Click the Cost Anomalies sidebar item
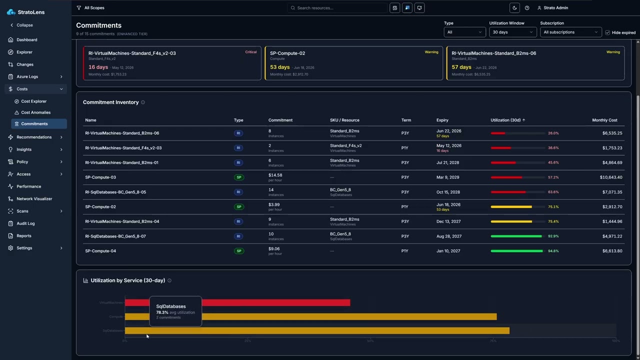(35, 112)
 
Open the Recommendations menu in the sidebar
(34, 137)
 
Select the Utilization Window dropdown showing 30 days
(512, 32)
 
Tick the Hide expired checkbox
(607, 32)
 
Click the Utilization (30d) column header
(507, 120)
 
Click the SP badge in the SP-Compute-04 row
(239, 251)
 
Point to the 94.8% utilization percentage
(553, 251)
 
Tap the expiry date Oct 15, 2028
(448, 192)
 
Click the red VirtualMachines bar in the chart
(275, 302)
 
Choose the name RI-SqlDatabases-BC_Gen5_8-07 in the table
(115, 236)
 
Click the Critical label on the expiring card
(250, 52)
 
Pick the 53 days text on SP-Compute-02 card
(279, 67)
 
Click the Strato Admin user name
(555, 8)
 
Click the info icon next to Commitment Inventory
(143, 102)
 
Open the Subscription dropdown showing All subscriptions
(570, 32)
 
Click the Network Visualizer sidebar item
(34, 198)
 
